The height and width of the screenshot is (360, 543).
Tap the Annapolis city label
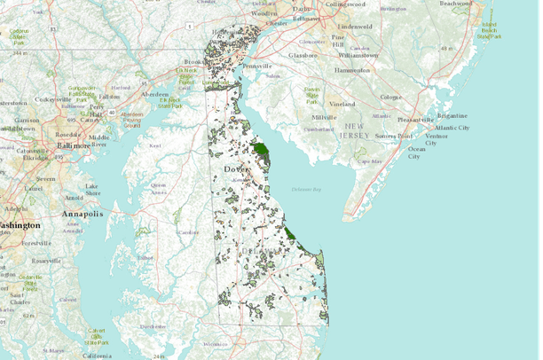click(83, 214)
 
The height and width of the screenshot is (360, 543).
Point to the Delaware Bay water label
click(307, 190)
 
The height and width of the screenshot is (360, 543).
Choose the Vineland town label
click(342, 105)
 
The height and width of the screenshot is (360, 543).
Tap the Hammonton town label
click(351, 69)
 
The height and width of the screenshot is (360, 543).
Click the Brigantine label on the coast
click(452, 115)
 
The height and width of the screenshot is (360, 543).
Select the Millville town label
click(325, 117)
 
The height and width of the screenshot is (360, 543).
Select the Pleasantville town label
click(415, 118)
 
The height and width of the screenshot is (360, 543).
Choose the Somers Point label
click(393, 136)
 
